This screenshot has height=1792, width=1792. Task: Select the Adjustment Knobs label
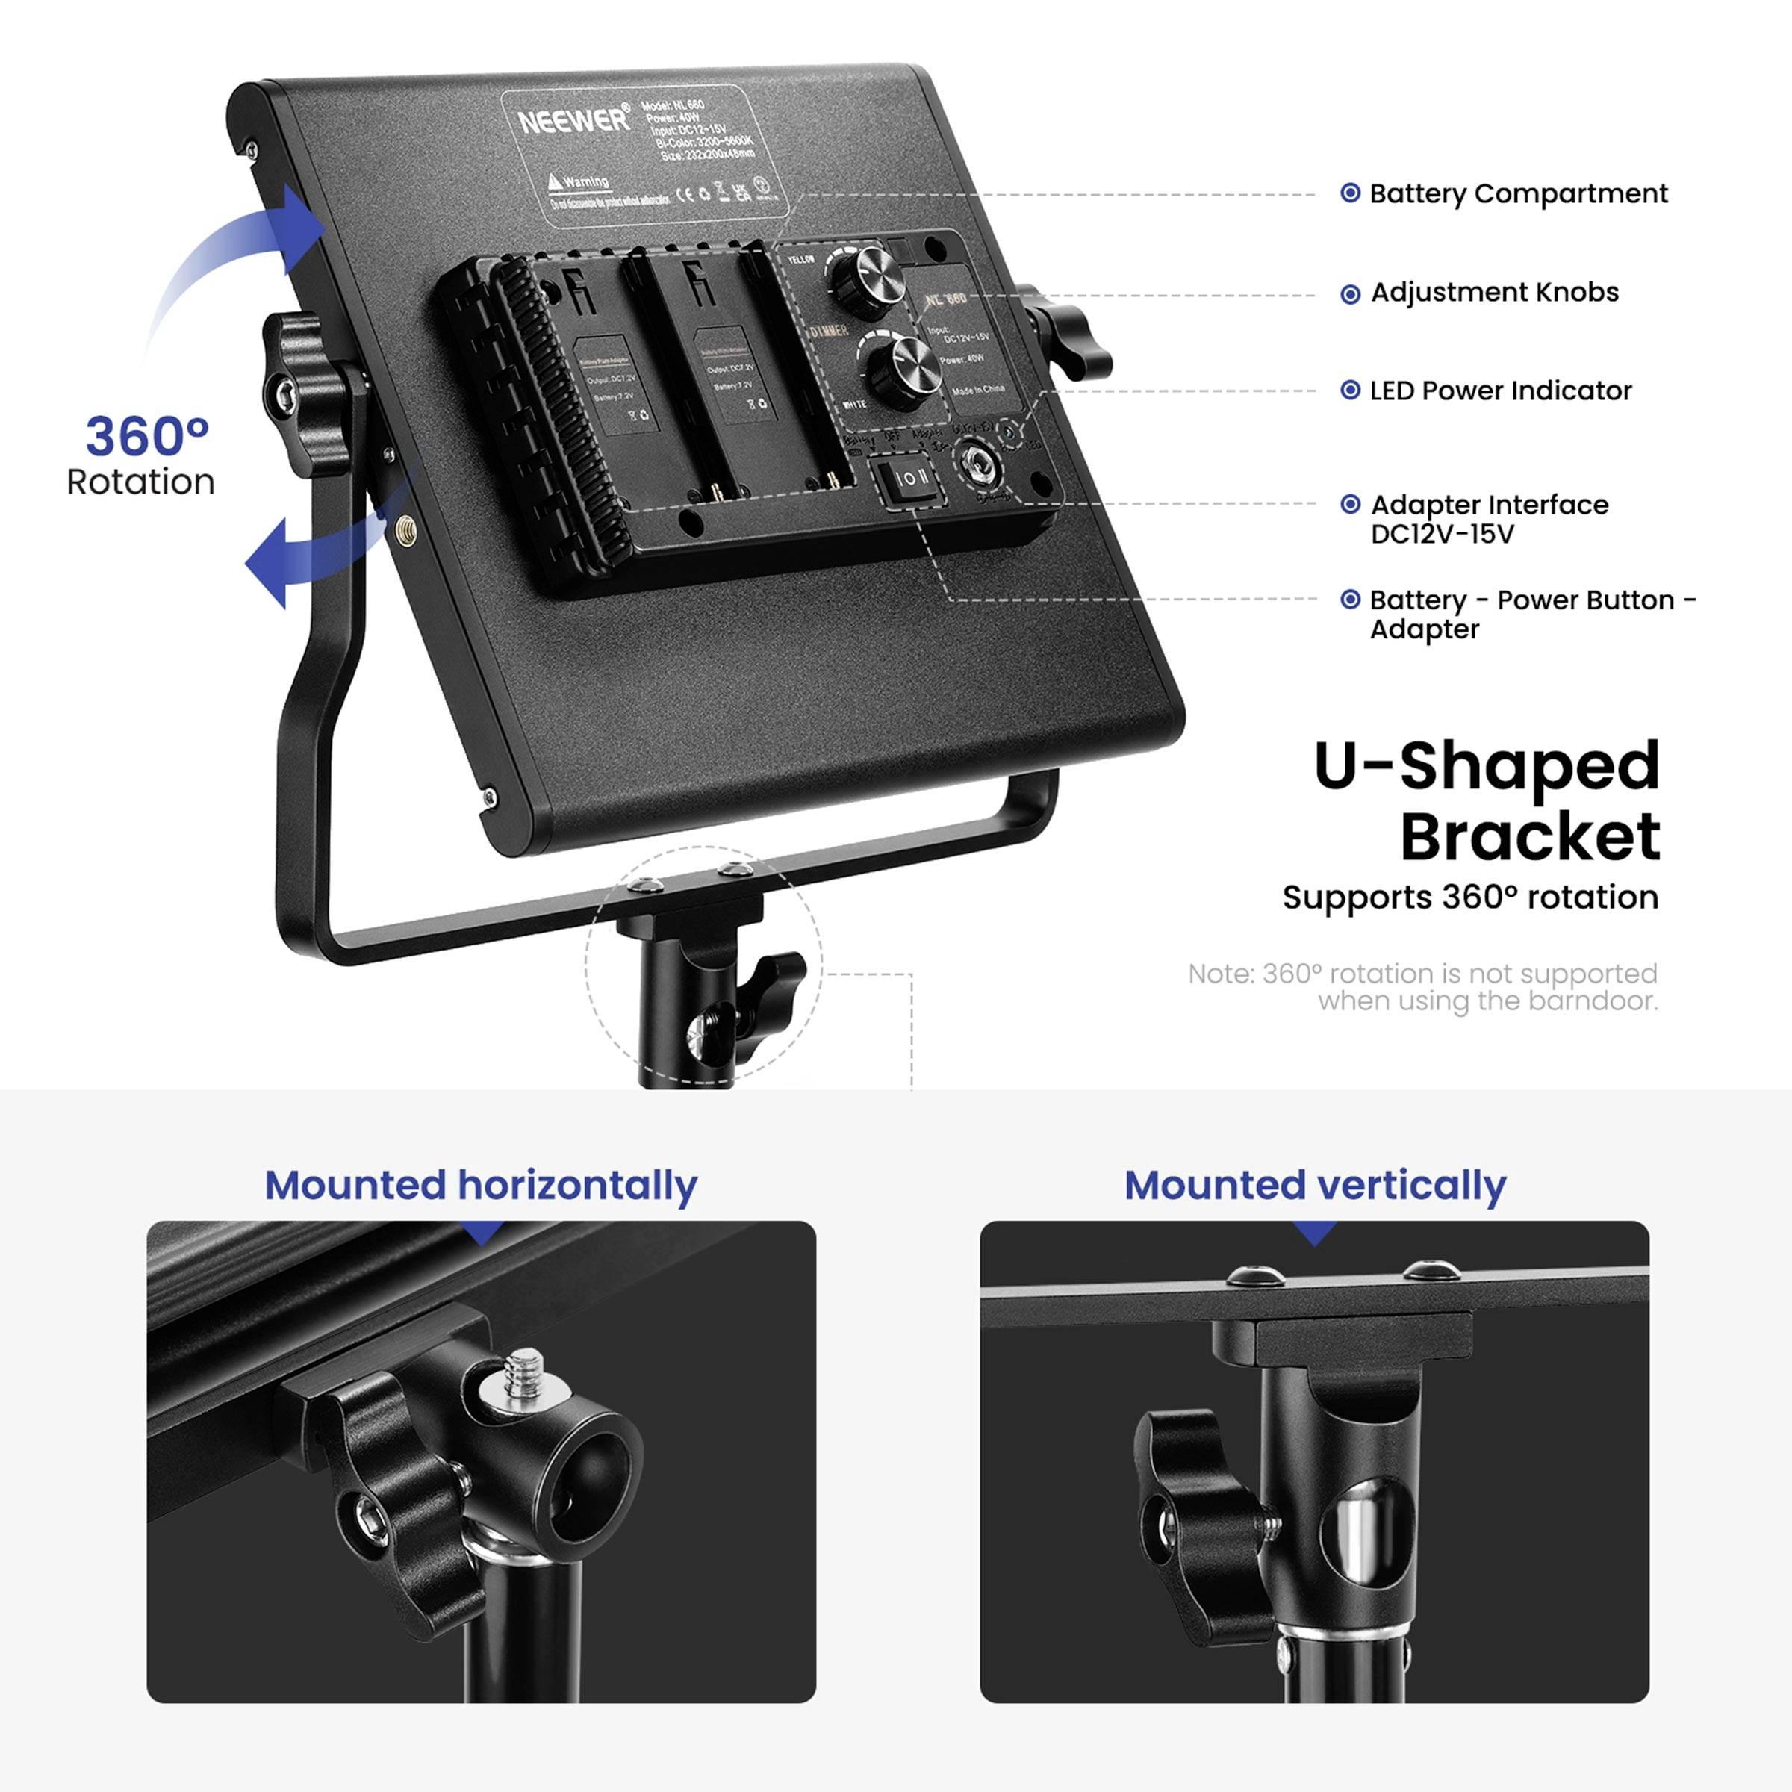click(x=1493, y=293)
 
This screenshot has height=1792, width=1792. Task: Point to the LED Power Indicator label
click(x=1500, y=391)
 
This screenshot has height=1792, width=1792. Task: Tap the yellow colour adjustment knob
click(x=873, y=275)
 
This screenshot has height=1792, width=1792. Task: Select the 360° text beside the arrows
click(x=146, y=437)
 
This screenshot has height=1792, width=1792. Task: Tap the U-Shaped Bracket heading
click(x=1486, y=801)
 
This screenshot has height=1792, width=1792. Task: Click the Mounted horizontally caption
click(x=480, y=1186)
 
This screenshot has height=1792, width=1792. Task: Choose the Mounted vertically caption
click(x=1314, y=1186)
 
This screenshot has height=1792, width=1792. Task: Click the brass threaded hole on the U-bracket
click(x=405, y=531)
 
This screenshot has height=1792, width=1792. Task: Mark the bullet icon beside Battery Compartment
click(x=1351, y=193)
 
